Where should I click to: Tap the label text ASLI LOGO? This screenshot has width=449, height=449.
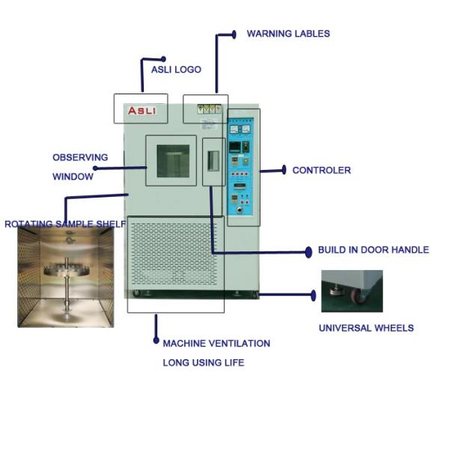pyautogui.click(x=176, y=70)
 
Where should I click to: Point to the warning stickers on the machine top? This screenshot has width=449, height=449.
pyautogui.click(x=210, y=109)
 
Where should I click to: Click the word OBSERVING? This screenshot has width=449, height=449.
pyautogui.click(x=80, y=158)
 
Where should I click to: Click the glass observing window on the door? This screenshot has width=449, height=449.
pyautogui.click(x=171, y=161)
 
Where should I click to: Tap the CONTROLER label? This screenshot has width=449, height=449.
pyautogui.click(x=321, y=171)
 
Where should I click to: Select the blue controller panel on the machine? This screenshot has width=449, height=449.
pyautogui.click(x=243, y=167)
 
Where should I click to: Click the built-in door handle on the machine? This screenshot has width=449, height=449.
pyautogui.click(x=213, y=159)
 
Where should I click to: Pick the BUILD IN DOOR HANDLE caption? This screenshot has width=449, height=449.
pyautogui.click(x=373, y=250)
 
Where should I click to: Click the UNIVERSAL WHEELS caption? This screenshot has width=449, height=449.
pyautogui.click(x=366, y=328)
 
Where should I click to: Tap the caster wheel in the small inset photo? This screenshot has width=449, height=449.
pyautogui.click(x=361, y=296)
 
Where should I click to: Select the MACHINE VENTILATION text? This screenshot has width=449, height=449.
pyautogui.click(x=216, y=343)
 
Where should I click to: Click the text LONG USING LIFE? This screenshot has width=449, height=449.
pyautogui.click(x=204, y=363)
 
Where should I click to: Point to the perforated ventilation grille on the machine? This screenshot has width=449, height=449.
pyautogui.click(x=175, y=254)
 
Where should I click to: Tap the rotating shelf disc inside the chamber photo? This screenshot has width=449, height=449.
pyautogui.click(x=67, y=271)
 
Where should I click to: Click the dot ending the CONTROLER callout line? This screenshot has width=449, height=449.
pyautogui.click(x=284, y=171)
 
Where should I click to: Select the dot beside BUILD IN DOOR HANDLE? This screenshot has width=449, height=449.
pyautogui.click(x=308, y=252)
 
